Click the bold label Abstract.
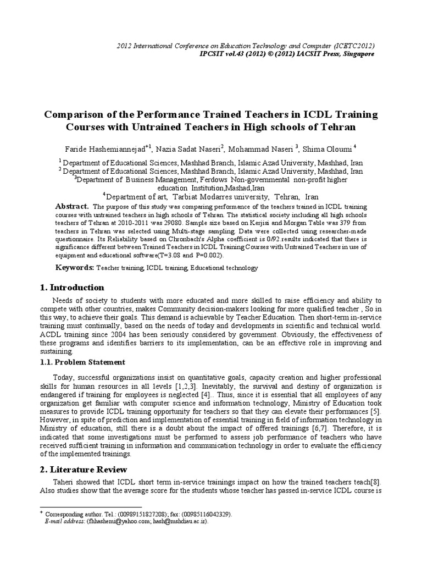coord(72,206)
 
